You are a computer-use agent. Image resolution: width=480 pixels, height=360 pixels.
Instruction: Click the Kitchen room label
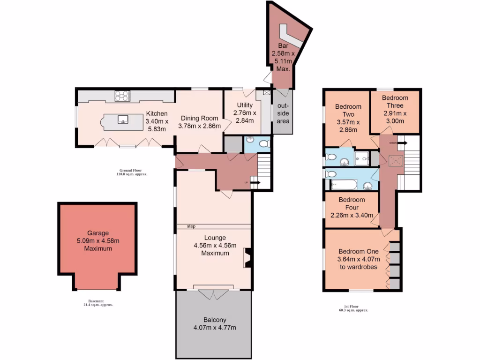pyautogui.click(x=157, y=114)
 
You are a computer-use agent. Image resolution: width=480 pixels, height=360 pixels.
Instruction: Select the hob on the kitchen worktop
pyautogui.click(x=122, y=96)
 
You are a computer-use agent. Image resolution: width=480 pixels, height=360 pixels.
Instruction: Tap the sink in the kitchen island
pyautogui.click(x=124, y=119)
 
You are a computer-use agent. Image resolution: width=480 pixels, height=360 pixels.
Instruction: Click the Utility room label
pyautogui.click(x=245, y=105)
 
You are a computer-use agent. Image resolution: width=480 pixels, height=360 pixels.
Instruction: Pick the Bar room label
pyautogui.click(x=283, y=46)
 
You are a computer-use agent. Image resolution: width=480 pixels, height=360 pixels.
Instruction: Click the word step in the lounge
pyautogui.click(x=191, y=226)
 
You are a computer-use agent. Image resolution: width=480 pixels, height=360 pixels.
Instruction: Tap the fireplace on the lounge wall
pyautogui.click(x=247, y=258)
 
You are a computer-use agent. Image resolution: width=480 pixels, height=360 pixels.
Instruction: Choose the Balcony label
pyautogui.click(x=213, y=319)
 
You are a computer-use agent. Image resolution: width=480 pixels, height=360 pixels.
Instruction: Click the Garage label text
pyautogui.click(x=98, y=233)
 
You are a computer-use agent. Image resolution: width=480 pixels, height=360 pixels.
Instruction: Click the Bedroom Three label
pyautogui.click(x=395, y=98)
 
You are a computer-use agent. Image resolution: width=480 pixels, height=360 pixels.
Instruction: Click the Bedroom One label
pyautogui.click(x=359, y=251)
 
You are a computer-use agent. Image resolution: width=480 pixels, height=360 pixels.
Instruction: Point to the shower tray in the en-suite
pyautogui.click(x=362, y=158)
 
